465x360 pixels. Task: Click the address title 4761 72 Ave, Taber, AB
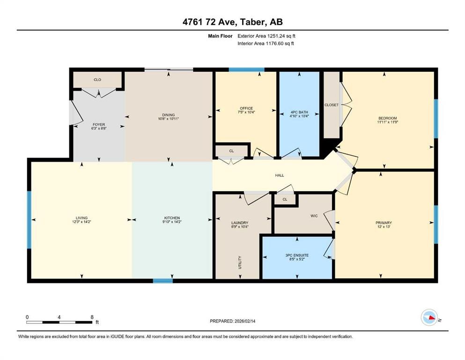pyautogui.click(x=232, y=22)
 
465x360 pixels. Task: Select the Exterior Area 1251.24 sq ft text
pyautogui.click(x=266, y=35)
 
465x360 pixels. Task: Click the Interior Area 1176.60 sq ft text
pyautogui.click(x=266, y=44)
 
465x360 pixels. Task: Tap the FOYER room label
pyautogui.click(x=98, y=124)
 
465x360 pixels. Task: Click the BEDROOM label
pyautogui.click(x=387, y=118)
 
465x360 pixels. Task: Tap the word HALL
pyautogui.click(x=279, y=175)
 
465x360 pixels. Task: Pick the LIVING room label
pyautogui.click(x=82, y=217)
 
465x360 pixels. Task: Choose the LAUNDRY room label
pyautogui.click(x=239, y=223)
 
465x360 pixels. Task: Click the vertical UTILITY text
pyautogui.click(x=239, y=261)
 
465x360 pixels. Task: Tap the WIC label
pyautogui.click(x=314, y=216)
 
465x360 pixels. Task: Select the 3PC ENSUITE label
pyautogui.click(x=298, y=255)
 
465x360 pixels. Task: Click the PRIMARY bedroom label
pyautogui.click(x=383, y=223)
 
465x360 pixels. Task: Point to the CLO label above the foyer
pyautogui.click(x=97, y=80)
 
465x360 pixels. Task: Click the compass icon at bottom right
pyautogui.click(x=429, y=318)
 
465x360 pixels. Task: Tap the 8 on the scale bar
pyautogui.click(x=92, y=317)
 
